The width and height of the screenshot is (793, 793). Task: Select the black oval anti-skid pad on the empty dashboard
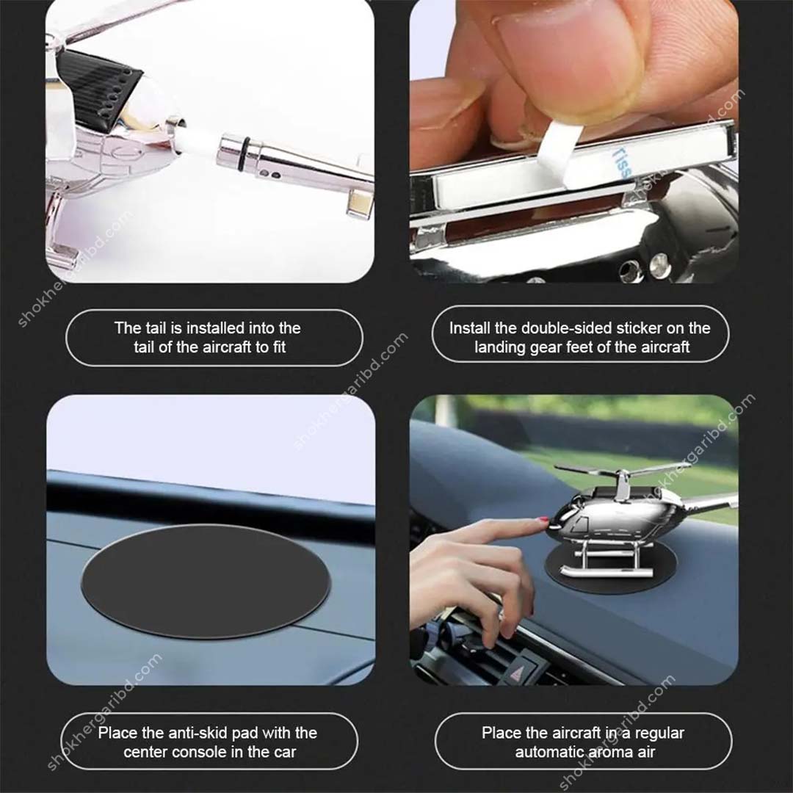point(205,581)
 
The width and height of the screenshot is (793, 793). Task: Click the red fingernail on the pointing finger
point(543,520)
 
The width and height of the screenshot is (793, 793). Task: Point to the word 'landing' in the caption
point(500,347)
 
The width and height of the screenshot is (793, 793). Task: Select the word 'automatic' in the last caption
point(548,752)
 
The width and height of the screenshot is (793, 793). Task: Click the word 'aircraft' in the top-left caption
point(223,347)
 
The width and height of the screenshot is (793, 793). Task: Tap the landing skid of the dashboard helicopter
point(595,571)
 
